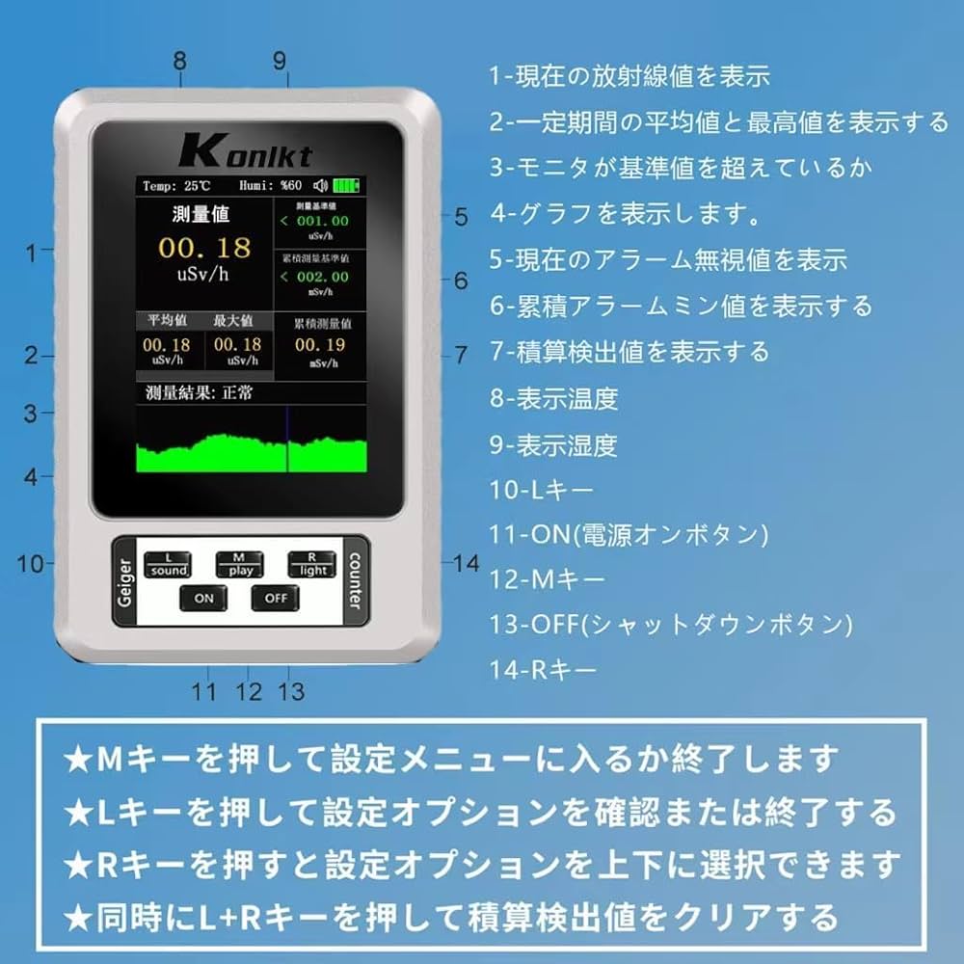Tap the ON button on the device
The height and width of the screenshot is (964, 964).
click(x=203, y=598)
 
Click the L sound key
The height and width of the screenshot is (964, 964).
click(x=168, y=565)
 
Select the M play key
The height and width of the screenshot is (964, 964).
click(x=240, y=565)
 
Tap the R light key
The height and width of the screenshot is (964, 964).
click(x=312, y=565)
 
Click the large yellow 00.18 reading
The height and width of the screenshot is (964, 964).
click(x=204, y=249)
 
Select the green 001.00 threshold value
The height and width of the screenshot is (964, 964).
click(x=322, y=221)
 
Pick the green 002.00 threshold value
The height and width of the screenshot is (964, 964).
click(x=322, y=277)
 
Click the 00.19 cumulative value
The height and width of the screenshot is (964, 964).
click(x=320, y=344)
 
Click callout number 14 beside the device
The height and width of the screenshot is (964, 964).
click(x=467, y=563)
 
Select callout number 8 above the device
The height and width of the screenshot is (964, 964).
click(x=180, y=60)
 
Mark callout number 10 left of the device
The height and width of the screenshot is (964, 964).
click(x=30, y=563)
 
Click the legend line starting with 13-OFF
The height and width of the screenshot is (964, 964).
click(x=671, y=624)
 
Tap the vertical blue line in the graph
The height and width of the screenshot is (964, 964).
click(x=287, y=439)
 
